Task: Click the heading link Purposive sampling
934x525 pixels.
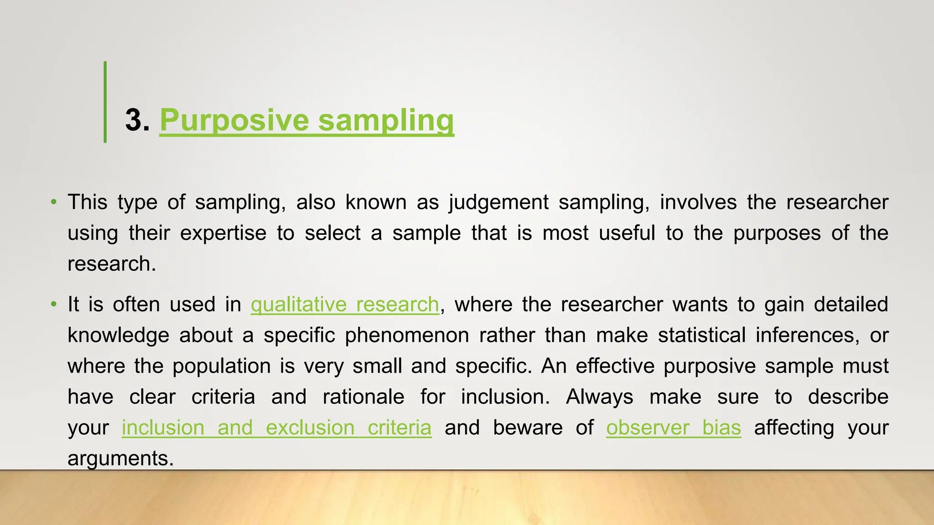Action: [306, 120]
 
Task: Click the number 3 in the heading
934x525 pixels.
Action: [134, 120]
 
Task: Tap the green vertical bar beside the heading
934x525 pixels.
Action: [105, 102]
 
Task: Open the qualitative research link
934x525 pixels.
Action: [345, 304]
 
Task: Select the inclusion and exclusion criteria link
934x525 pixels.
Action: [276, 427]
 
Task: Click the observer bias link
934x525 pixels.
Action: [673, 427]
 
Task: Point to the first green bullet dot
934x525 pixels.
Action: [54, 201]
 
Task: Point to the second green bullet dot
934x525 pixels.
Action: [54, 304]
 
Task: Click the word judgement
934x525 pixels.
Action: [498, 202]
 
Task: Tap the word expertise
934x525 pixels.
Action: [223, 233]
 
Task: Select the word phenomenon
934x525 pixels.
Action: [407, 335]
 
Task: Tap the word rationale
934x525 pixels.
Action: [363, 397]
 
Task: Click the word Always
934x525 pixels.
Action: [599, 397]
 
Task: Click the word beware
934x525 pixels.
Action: [528, 427]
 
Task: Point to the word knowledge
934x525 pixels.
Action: [119, 335]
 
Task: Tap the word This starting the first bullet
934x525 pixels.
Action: [88, 202]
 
